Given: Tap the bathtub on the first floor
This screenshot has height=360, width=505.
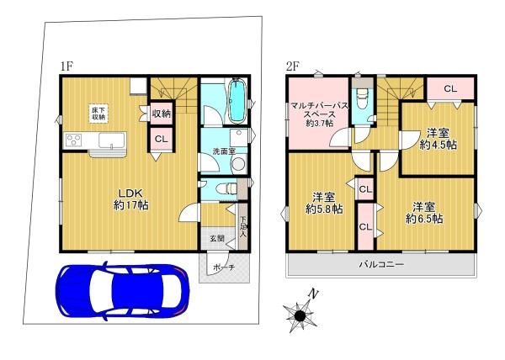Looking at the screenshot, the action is click(x=237, y=101).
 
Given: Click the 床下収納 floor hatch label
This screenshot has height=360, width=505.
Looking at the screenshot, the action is click(x=98, y=114).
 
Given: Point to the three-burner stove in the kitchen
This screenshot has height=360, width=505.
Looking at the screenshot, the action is click(x=73, y=140).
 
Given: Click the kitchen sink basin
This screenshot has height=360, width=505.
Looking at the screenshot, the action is click(x=111, y=140).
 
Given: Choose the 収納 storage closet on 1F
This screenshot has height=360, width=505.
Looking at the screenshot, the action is click(x=162, y=114).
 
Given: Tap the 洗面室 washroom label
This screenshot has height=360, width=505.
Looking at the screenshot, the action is click(x=224, y=151).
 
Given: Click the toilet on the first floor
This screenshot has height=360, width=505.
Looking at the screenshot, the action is click(x=227, y=189).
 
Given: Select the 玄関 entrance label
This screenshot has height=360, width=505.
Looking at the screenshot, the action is click(x=217, y=238).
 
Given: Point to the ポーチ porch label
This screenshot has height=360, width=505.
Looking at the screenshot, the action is click(x=224, y=267).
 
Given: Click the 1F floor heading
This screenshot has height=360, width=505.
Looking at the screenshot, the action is click(x=67, y=66).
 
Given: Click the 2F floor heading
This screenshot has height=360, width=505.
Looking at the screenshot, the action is click(x=293, y=66).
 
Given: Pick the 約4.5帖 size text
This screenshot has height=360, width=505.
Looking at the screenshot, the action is click(x=438, y=145).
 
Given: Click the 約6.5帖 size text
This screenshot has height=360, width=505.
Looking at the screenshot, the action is click(x=424, y=219).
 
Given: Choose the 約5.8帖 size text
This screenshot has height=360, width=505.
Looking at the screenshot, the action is click(x=324, y=209).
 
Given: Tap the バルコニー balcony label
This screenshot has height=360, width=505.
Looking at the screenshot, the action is click(x=381, y=265).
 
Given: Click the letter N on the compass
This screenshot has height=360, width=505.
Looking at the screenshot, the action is click(x=313, y=294).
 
